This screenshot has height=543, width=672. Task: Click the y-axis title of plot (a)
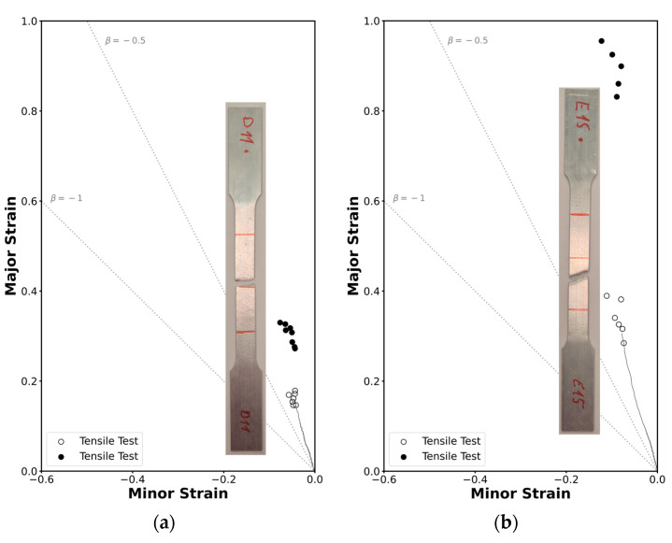coord(10,246)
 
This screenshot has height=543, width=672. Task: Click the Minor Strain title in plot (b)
coord(521,493)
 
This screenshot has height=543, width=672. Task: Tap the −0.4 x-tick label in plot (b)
coord(475,479)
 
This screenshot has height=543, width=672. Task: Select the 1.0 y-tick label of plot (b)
coord(372,21)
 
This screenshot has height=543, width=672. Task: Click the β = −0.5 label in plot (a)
coord(125,41)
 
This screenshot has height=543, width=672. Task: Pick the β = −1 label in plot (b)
coord(408,198)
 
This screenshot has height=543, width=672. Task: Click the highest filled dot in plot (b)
coord(601,41)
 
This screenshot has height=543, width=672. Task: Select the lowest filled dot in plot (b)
coord(616,97)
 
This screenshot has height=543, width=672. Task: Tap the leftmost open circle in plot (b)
coord(607,295)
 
